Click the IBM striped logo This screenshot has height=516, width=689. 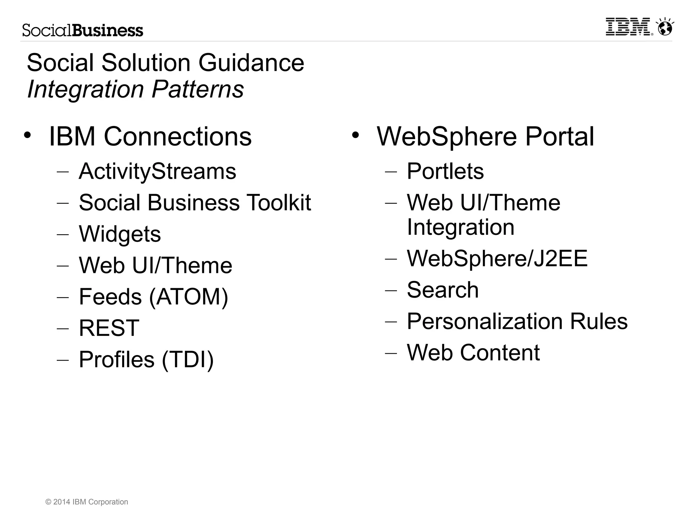[x=628, y=27]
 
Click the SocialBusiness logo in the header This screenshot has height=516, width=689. [x=83, y=31]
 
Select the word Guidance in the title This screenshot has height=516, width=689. [x=251, y=63]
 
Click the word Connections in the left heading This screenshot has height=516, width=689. [x=177, y=137]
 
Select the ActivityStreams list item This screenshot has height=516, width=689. [x=157, y=171]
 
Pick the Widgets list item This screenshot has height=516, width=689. [x=120, y=234]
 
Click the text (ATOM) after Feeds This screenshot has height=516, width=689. [x=188, y=297]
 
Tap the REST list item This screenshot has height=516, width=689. [x=109, y=328]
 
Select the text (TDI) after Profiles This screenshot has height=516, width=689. [x=188, y=359]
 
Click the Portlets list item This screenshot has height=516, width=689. [x=445, y=171]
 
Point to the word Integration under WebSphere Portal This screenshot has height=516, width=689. [x=461, y=227]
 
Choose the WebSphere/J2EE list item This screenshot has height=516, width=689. [x=497, y=258]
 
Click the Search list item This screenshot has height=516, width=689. [x=442, y=290]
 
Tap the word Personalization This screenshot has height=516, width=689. [x=485, y=321]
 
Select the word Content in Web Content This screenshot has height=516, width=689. [x=500, y=353]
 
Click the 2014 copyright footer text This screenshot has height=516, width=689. [x=87, y=502]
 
